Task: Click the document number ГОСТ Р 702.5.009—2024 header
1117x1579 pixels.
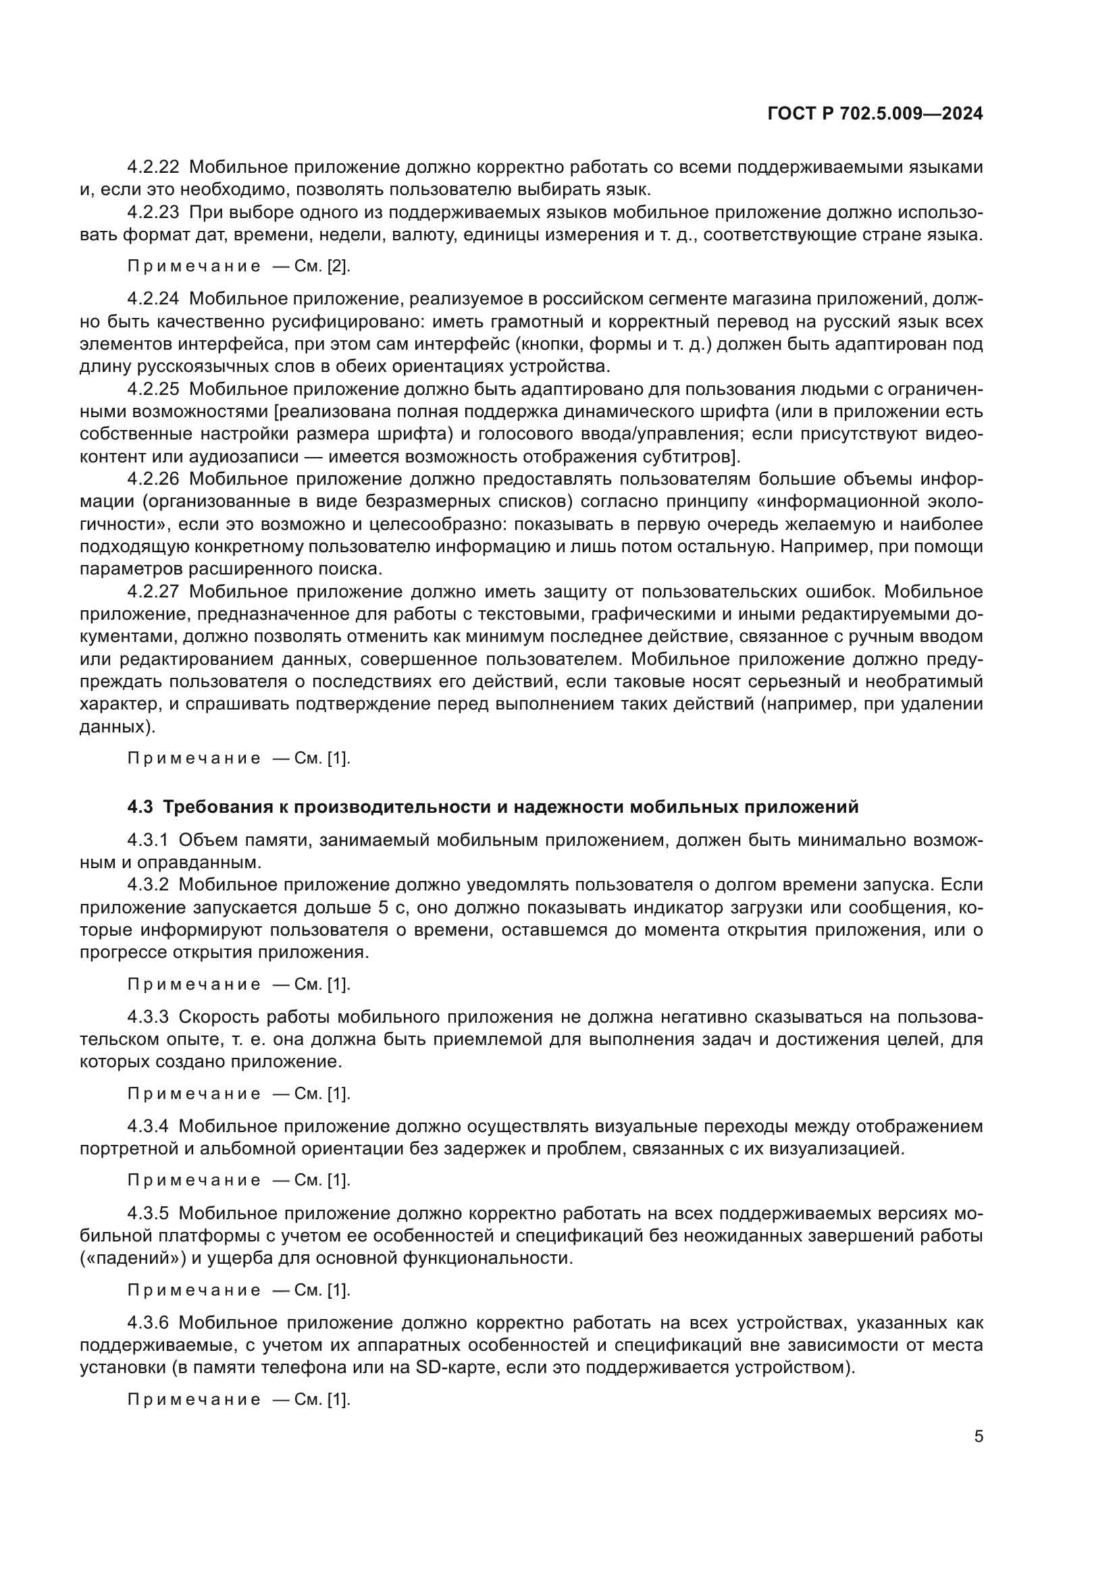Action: pyautogui.click(x=875, y=114)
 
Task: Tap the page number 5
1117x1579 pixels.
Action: pyautogui.click(x=979, y=1436)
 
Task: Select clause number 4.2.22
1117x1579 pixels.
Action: pyautogui.click(x=153, y=167)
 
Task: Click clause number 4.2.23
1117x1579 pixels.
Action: pyautogui.click(x=153, y=212)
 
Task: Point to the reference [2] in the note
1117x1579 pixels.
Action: pyautogui.click(x=338, y=266)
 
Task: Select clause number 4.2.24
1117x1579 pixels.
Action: pyautogui.click(x=153, y=298)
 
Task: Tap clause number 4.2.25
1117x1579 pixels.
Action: pyautogui.click(x=153, y=390)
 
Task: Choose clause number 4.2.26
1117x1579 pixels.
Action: pyautogui.click(x=153, y=479)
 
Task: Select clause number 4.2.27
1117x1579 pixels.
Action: pyautogui.click(x=153, y=592)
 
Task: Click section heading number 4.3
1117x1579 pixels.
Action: pyautogui.click(x=140, y=807)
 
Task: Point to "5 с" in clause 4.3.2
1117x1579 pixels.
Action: pyautogui.click(x=392, y=908)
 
